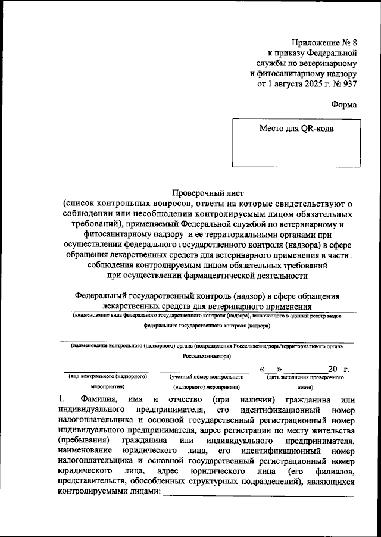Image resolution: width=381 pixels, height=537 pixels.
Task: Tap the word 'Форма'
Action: pos(344,105)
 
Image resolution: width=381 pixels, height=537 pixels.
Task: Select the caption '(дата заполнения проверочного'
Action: pos(303,377)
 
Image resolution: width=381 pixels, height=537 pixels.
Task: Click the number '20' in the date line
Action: pos(333,370)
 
